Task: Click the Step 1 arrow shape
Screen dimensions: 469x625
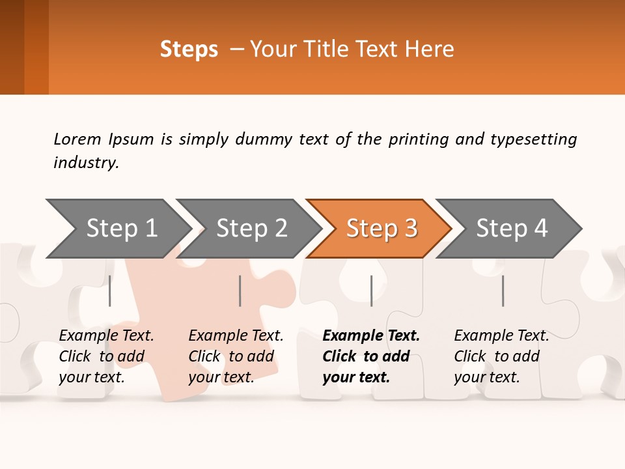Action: click(x=120, y=229)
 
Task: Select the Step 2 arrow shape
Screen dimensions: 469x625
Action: click(x=251, y=229)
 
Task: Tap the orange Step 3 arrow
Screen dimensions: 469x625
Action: click(x=381, y=229)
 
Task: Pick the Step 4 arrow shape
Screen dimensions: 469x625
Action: click(x=511, y=229)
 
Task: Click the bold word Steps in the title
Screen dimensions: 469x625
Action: click(x=189, y=50)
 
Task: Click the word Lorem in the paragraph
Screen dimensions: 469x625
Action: click(x=77, y=139)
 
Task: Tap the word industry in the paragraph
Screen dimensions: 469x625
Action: click(x=85, y=162)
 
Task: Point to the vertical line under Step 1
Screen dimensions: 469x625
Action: click(x=110, y=291)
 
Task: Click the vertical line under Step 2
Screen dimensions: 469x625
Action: click(x=240, y=291)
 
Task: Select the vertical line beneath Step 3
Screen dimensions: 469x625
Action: click(x=371, y=291)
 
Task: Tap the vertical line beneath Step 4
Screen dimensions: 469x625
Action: click(x=503, y=291)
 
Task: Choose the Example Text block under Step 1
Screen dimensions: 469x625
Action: click(x=106, y=356)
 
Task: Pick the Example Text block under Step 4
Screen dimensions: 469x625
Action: click(x=501, y=356)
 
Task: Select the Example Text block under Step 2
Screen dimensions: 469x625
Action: click(x=236, y=356)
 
